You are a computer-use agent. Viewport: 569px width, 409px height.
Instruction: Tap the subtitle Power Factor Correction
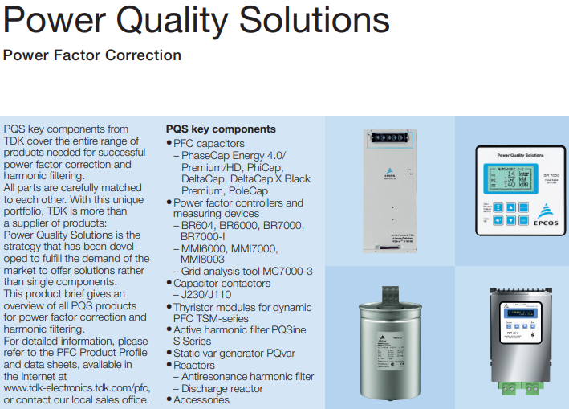(x=92, y=55)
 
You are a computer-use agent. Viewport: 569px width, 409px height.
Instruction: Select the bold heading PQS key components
(x=221, y=129)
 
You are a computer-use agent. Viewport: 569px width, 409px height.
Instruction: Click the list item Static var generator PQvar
(x=234, y=353)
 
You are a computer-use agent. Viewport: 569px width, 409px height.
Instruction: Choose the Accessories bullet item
(x=201, y=399)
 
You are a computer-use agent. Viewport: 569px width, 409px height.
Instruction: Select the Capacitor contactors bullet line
(x=222, y=284)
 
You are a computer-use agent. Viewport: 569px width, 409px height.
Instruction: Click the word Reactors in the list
(x=195, y=365)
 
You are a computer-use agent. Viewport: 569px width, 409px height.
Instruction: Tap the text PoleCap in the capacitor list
(x=246, y=191)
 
